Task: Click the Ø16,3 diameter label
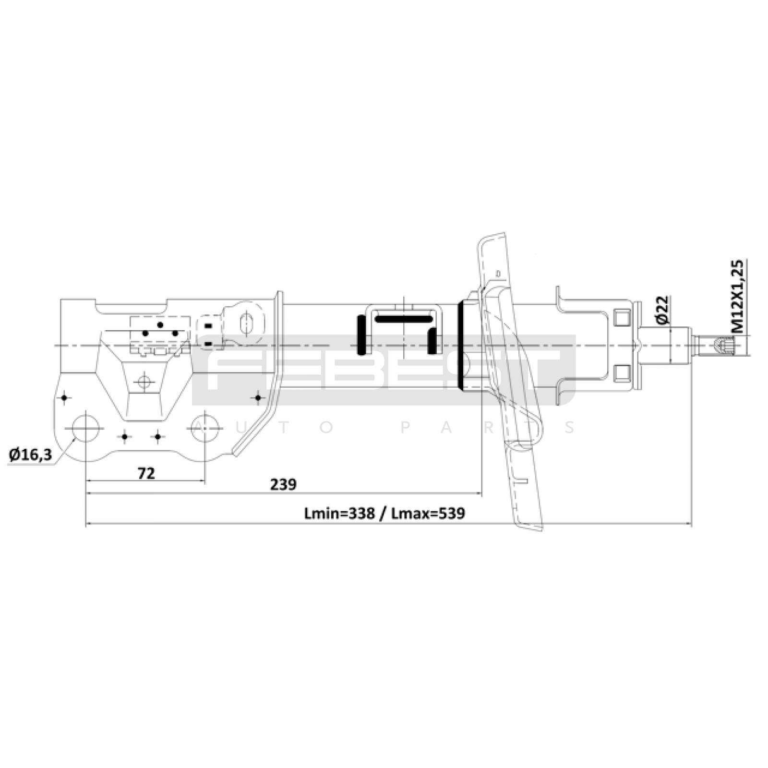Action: tap(30, 454)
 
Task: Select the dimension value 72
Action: tap(146, 474)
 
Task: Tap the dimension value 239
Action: tap(283, 485)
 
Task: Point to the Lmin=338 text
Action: tap(339, 514)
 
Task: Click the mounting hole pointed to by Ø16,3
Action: tap(85, 428)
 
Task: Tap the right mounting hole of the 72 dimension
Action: tap(205, 428)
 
